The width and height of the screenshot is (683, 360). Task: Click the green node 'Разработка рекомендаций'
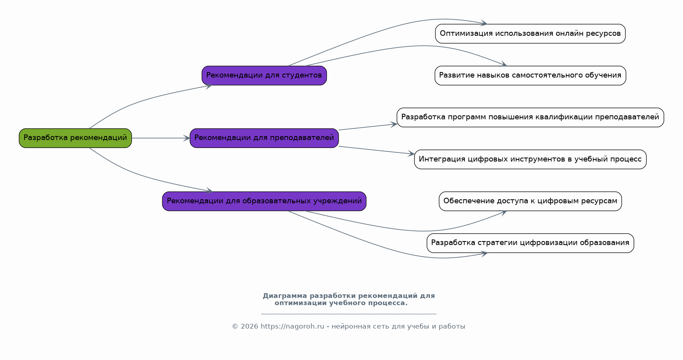[75, 138]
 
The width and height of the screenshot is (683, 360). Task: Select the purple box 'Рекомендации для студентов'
[264, 76]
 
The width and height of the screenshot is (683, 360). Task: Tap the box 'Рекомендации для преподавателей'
[264, 138]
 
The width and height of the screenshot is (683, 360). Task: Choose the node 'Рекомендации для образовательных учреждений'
[264, 201]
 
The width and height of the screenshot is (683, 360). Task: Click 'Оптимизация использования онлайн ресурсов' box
[530, 34]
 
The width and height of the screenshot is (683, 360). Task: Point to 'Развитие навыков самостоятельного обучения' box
[530, 76]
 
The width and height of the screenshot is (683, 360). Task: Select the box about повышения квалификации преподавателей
[530, 117]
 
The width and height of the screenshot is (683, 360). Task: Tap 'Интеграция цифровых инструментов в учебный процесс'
[530, 160]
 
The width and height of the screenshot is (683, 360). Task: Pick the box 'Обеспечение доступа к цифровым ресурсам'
[530, 201]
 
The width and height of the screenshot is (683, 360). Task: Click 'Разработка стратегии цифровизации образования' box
[530, 243]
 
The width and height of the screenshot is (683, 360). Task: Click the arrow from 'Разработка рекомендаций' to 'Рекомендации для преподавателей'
[161, 138]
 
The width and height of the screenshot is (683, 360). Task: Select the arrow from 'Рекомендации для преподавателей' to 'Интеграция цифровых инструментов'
[377, 150]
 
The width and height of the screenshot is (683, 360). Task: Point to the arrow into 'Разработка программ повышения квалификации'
[368, 127]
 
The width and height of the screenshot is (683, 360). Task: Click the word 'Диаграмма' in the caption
[285, 296]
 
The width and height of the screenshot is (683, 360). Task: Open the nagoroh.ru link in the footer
[293, 327]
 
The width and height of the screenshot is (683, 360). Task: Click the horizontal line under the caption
[349, 314]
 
